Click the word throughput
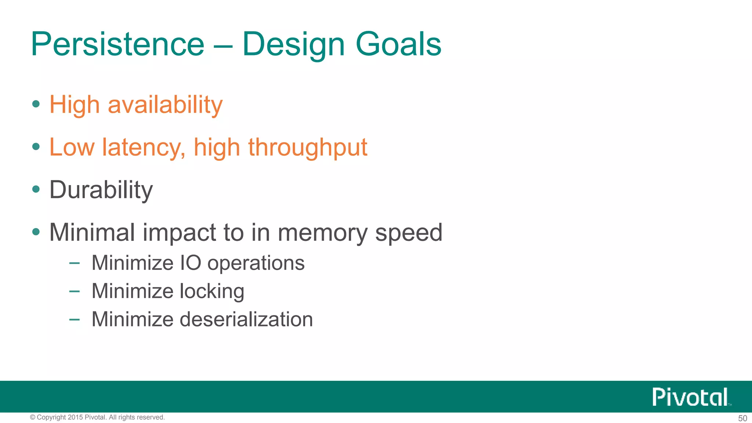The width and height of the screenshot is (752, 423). coord(308,148)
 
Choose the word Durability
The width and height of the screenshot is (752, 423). coord(101,190)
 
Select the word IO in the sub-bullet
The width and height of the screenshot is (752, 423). coord(191,263)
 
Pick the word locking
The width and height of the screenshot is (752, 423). coord(212,291)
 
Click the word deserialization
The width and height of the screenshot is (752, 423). coord(246,319)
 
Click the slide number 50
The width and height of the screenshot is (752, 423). coord(742,418)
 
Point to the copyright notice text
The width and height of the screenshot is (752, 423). coord(97,417)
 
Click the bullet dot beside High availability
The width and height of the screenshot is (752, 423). coord(36,104)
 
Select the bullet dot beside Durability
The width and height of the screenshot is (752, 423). coord(36,189)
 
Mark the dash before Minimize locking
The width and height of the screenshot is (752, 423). coord(74,291)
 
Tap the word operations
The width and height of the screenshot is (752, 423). coord(256,263)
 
